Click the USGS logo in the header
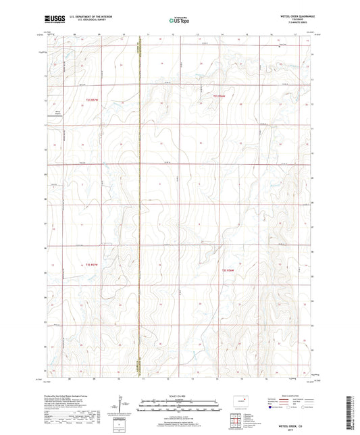click(x=53, y=18)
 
